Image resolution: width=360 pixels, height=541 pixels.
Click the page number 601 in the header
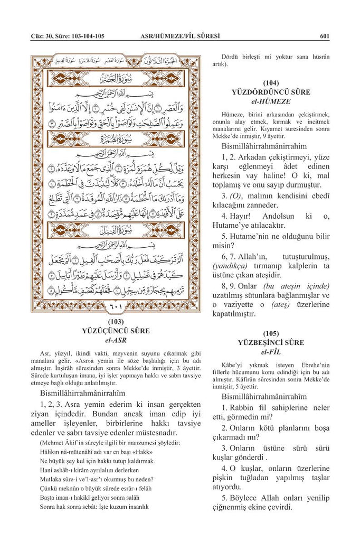pos(325,36)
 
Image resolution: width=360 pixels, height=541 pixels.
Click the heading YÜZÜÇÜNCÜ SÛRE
pos(116,331)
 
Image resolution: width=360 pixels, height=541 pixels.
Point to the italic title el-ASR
pos(116,340)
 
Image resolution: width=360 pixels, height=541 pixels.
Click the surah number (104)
pos(271,83)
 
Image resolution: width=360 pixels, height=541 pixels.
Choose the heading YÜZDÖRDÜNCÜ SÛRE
pos(271,92)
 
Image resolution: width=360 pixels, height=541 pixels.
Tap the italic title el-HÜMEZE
pos(271,101)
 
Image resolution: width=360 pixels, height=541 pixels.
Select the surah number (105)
pos(271,333)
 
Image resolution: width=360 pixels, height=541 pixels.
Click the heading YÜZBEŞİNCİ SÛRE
pos(271,342)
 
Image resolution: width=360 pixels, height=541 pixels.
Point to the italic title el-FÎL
pos(271,351)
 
